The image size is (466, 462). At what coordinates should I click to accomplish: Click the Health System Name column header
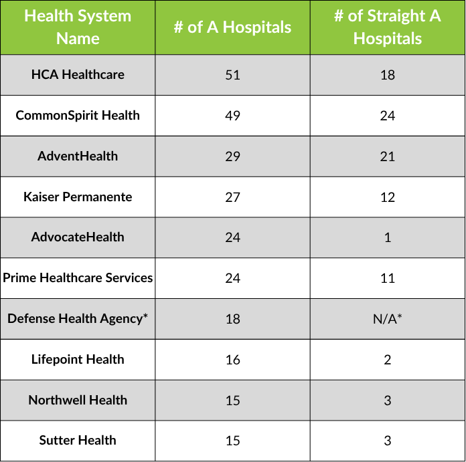(78, 27)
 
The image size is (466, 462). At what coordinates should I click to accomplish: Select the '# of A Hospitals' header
(232, 27)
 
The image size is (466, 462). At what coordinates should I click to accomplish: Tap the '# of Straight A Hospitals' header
(388, 27)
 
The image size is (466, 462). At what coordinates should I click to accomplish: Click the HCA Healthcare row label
(78, 74)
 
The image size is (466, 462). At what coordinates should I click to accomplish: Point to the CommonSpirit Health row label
(78, 115)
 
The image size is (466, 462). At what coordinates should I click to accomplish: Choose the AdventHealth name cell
(78, 156)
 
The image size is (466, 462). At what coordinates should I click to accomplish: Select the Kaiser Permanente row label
(78, 197)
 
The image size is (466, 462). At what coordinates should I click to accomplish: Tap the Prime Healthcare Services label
(78, 277)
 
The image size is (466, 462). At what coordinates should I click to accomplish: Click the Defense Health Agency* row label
(78, 318)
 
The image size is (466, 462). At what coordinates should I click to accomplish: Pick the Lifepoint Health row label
(78, 359)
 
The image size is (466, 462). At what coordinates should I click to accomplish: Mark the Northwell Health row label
(78, 400)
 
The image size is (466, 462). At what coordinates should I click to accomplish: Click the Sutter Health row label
(78, 440)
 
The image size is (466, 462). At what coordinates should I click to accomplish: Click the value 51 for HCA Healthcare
(232, 75)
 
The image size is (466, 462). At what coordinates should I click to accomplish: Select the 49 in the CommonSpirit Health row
(232, 116)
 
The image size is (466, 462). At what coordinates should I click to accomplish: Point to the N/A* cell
(388, 319)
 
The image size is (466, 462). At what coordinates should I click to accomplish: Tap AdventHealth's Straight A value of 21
(388, 156)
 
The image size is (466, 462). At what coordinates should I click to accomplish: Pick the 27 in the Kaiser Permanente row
(232, 197)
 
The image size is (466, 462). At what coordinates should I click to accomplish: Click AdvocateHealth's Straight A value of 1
(388, 237)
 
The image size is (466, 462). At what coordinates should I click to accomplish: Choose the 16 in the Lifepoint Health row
(232, 360)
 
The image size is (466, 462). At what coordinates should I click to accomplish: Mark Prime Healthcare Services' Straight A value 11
(388, 278)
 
